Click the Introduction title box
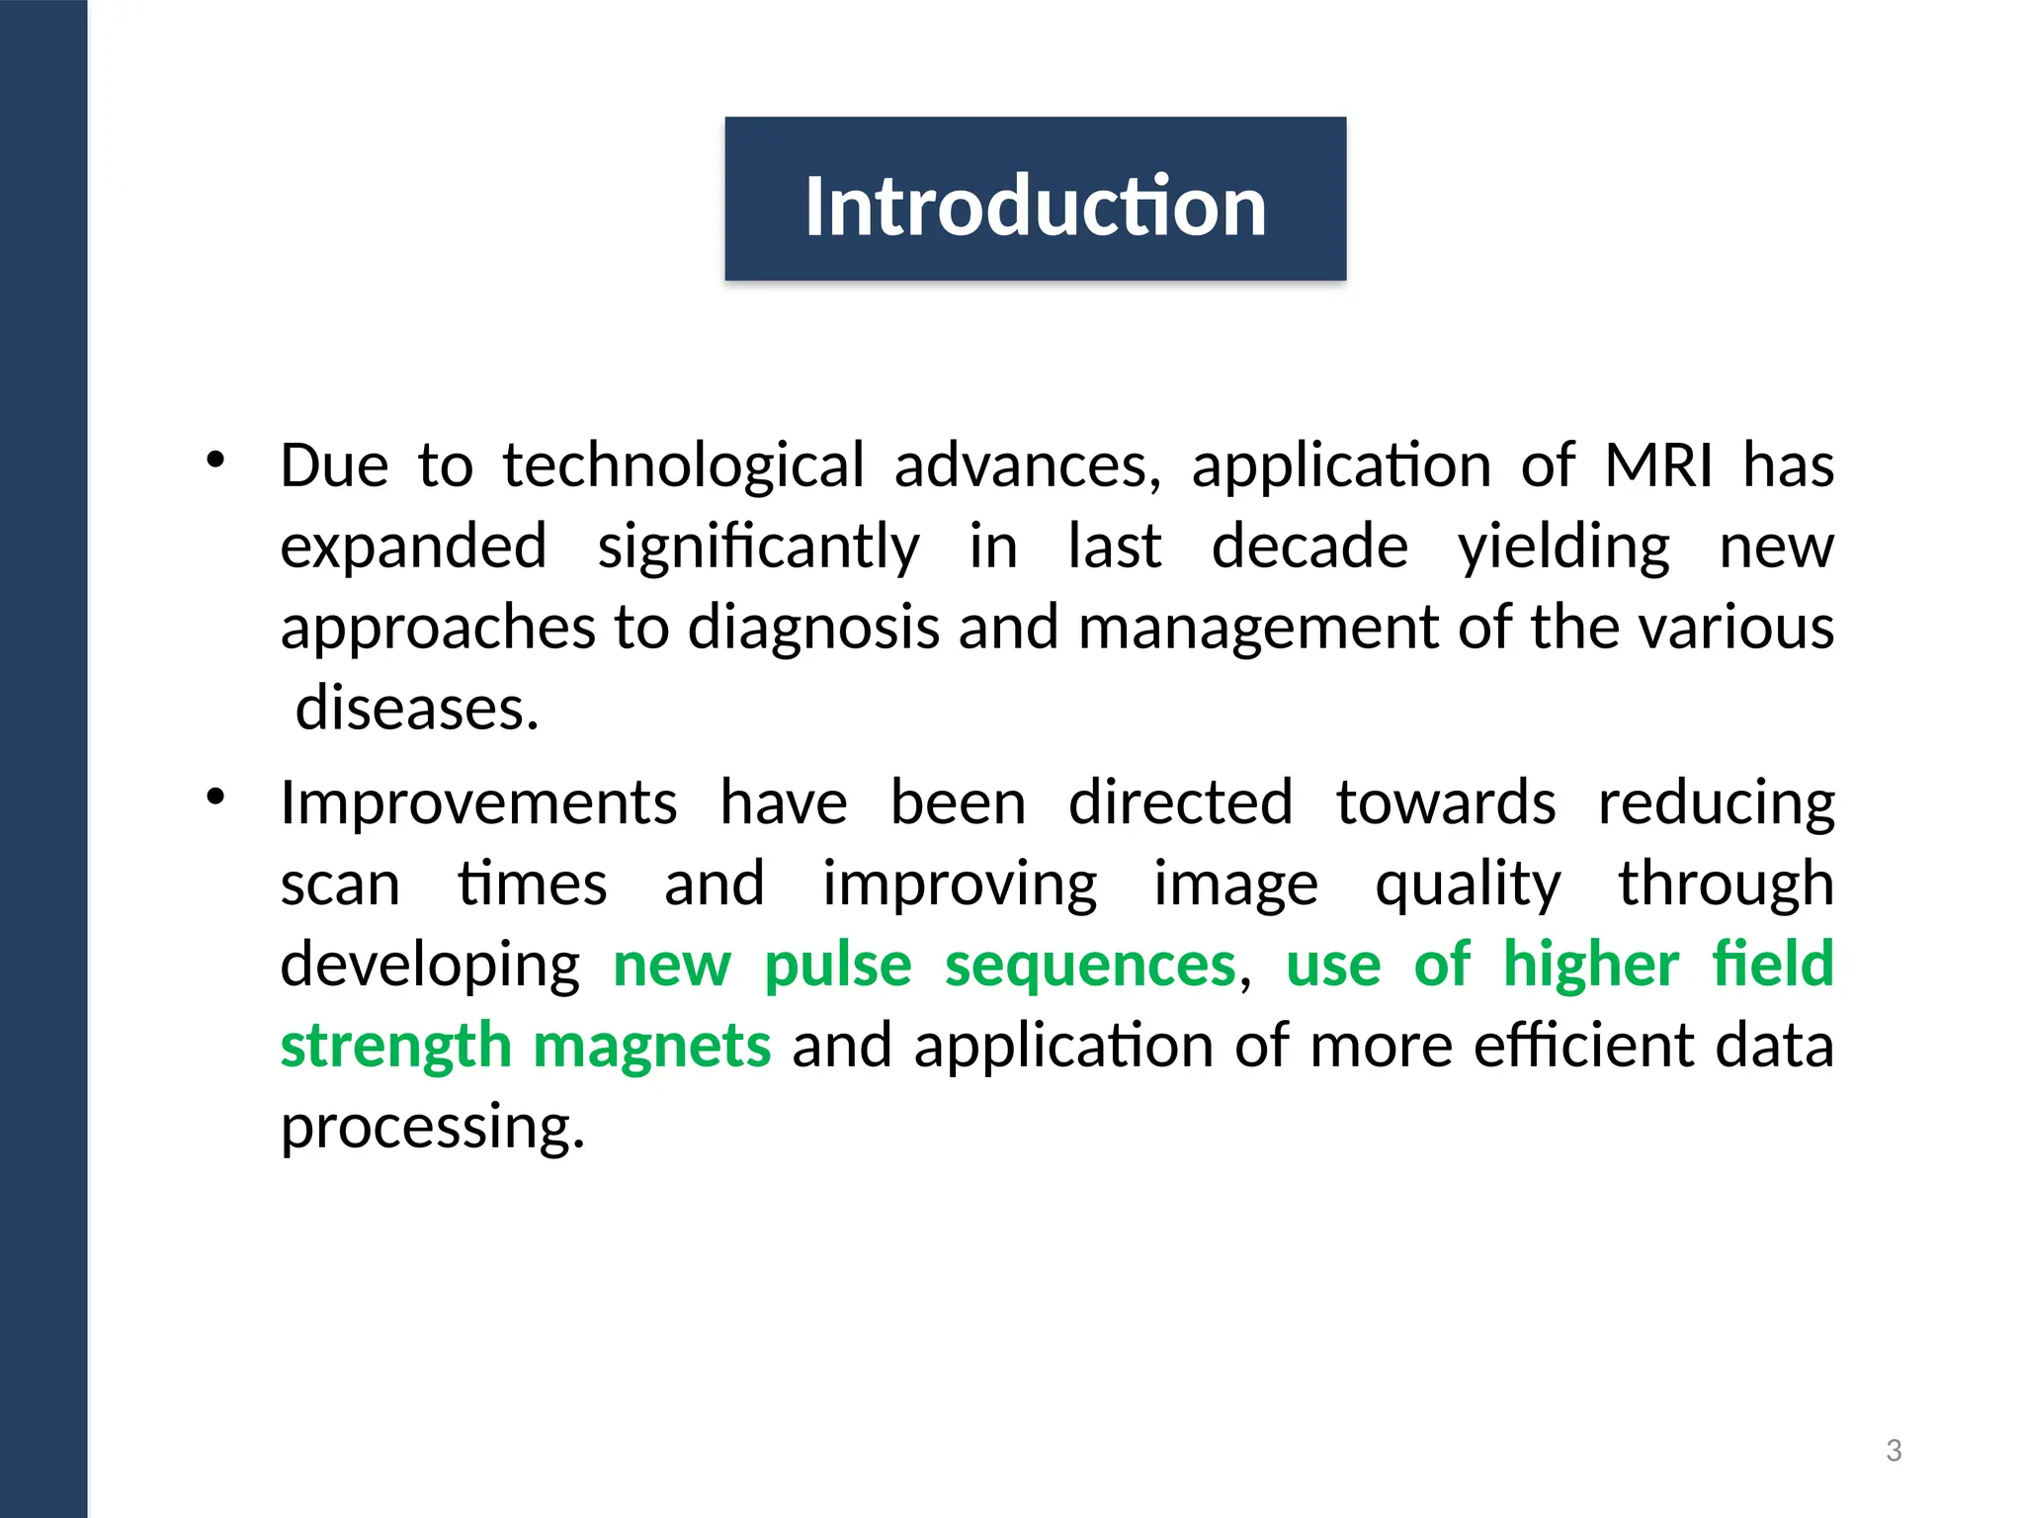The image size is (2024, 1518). pyautogui.click(x=1035, y=200)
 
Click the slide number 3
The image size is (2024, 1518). pyautogui.click(x=1894, y=1451)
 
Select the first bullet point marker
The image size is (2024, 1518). pyautogui.click(x=216, y=460)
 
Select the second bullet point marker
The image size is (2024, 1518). pyautogui.click(x=216, y=797)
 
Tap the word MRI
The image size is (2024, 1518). pyautogui.click(x=1658, y=465)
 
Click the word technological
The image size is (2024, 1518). pyautogui.click(x=683, y=465)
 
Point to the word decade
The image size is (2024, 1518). pyautogui.click(x=1309, y=547)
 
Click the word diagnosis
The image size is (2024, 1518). pyautogui.click(x=812, y=628)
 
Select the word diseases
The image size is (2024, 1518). pyautogui.click(x=417, y=709)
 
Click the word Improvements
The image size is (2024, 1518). pyautogui.click(x=478, y=802)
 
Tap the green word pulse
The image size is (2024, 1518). pyautogui.click(x=838, y=966)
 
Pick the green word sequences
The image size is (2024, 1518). pyautogui.click(x=1090, y=966)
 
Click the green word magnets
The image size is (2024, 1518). pyautogui.click(x=651, y=1047)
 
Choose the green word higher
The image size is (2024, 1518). pyautogui.click(x=1590, y=966)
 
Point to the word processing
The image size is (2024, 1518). pyautogui.click(x=433, y=1128)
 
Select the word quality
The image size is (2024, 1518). pyautogui.click(x=1468, y=885)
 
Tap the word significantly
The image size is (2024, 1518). pyautogui.click(x=758, y=547)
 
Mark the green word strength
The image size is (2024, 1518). pyautogui.click(x=395, y=1047)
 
